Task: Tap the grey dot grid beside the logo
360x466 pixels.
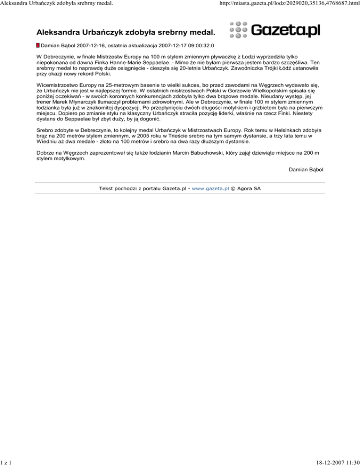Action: coord(238,30)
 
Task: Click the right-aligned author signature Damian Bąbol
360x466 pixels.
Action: coord(307,169)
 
